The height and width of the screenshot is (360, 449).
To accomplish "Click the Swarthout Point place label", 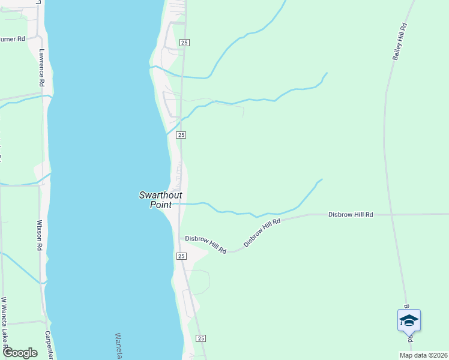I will click(155, 199).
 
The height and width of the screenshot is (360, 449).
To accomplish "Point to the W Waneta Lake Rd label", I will click(4, 325).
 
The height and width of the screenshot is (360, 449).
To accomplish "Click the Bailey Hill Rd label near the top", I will click(400, 41).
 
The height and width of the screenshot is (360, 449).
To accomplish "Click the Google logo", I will click(20, 353).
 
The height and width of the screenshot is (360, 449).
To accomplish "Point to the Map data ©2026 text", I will click(423, 355).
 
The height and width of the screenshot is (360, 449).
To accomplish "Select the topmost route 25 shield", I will click(184, 42).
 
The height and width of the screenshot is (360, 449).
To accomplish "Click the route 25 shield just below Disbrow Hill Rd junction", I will click(181, 256).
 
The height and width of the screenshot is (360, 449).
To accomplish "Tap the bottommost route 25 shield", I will click(200, 338).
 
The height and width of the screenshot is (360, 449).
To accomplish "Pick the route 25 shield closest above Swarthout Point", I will click(181, 136).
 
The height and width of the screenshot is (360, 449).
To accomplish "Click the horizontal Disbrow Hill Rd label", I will click(351, 214).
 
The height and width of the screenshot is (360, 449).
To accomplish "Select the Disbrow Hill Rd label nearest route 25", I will click(205, 244).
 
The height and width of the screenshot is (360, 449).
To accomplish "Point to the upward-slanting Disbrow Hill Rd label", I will click(262, 233).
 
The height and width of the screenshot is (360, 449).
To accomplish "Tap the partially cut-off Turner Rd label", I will click(12, 39).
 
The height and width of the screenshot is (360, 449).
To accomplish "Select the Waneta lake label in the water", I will click(118, 346).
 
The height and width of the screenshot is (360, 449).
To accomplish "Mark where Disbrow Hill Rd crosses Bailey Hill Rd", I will click(391, 214).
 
